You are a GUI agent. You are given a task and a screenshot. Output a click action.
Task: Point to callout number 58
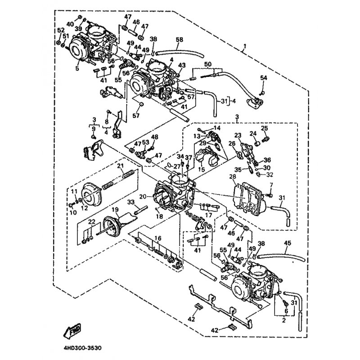pos(180,40)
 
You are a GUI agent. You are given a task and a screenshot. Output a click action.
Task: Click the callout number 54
pos(263,78)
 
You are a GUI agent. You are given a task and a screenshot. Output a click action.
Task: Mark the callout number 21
pos(120,166)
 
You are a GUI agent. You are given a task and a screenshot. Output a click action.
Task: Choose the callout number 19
pos(115,209)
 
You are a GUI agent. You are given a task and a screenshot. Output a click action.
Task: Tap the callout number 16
pos(157,238)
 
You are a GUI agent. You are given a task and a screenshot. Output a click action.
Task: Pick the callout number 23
pos(238,135)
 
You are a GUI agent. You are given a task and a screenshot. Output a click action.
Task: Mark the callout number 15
pos(201,169)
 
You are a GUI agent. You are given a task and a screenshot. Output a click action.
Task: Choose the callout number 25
pos(265,128)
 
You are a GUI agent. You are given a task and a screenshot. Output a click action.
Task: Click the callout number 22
pos(92,223)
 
